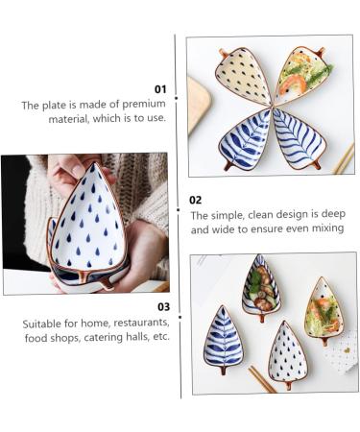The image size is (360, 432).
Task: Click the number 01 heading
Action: pyautogui.click(x=160, y=88)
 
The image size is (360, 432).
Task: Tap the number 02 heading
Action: pyautogui.click(x=196, y=200)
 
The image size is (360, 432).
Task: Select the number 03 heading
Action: pyautogui.click(x=163, y=307)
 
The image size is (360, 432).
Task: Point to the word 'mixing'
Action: pyautogui.click(x=323, y=228)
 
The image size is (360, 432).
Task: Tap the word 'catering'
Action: pyautogui.click(x=98, y=337)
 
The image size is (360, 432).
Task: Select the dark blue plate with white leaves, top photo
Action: pyautogui.click(x=245, y=139)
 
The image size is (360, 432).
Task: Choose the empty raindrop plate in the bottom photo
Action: pyautogui.click(x=287, y=354)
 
